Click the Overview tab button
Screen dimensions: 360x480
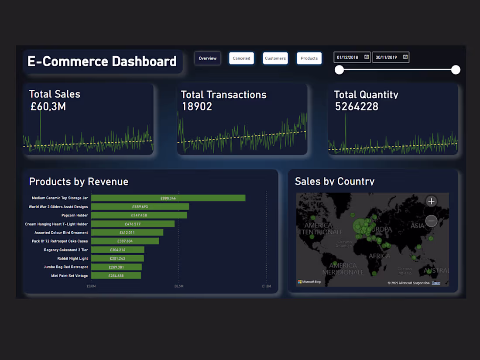(x=208, y=58)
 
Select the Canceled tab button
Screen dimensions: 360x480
(x=241, y=58)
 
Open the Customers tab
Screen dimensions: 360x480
(x=275, y=58)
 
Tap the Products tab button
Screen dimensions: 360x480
(x=309, y=58)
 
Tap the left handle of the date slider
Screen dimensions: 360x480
(x=339, y=70)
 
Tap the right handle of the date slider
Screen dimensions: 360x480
(x=456, y=70)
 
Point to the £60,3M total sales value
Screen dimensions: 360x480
(x=48, y=106)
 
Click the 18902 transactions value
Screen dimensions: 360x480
(x=197, y=106)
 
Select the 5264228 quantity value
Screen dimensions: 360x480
(x=357, y=106)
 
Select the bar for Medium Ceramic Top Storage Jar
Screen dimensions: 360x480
(x=168, y=198)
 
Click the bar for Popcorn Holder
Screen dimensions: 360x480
(x=139, y=215)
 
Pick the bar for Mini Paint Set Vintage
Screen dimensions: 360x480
(x=116, y=276)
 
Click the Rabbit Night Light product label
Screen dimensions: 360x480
(x=72, y=258)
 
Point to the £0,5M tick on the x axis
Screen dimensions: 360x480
(x=179, y=286)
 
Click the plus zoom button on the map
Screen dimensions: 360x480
(x=431, y=201)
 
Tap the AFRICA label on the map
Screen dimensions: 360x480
(x=379, y=256)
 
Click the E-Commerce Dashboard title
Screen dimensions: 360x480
(x=102, y=61)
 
